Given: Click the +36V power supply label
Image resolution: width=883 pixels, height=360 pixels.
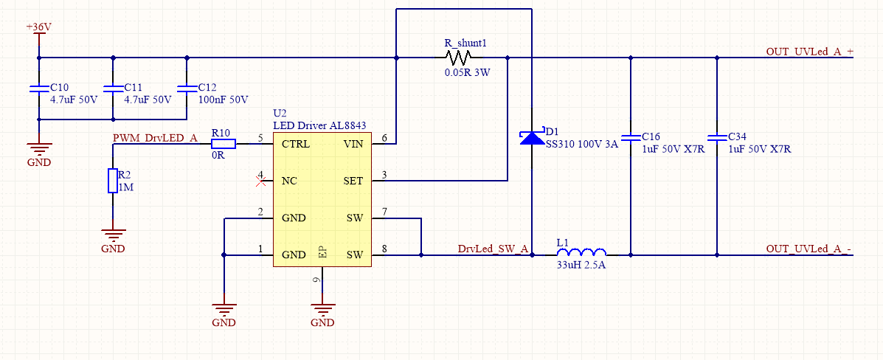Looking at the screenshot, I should (39, 27).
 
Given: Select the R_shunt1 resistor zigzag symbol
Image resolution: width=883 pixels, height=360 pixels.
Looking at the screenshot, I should (458, 58).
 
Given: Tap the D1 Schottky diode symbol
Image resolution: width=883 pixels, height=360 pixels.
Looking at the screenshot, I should (532, 137).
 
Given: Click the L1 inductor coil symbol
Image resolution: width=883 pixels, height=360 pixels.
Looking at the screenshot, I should (581, 252).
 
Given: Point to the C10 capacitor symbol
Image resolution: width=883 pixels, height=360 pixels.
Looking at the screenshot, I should (39, 89).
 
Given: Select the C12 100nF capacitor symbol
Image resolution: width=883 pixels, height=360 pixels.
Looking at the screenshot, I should (187, 89).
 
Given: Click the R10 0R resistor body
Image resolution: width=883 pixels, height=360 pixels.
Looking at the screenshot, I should (223, 144).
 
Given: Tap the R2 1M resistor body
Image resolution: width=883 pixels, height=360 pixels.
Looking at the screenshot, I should (113, 181).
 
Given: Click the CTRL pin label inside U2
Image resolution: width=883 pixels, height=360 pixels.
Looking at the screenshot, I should (295, 144).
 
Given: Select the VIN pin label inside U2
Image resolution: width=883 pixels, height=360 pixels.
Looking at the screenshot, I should (353, 144).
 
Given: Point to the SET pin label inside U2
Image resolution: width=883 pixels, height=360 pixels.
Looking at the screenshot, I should (353, 181).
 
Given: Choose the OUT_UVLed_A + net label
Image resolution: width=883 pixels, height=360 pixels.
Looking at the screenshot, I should (809, 52).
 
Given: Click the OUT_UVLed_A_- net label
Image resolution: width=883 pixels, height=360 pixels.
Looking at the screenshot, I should (809, 249).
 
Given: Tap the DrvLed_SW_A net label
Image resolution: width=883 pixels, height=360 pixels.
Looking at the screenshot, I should (493, 249).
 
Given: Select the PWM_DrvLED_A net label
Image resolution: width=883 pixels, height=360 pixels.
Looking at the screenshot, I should (155, 138).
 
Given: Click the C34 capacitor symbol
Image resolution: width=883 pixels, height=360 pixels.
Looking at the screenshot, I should (716, 137).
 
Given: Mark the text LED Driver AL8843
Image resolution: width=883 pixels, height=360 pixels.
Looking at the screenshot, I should (319, 125).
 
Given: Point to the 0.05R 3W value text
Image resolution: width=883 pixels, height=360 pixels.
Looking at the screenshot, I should (467, 74).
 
